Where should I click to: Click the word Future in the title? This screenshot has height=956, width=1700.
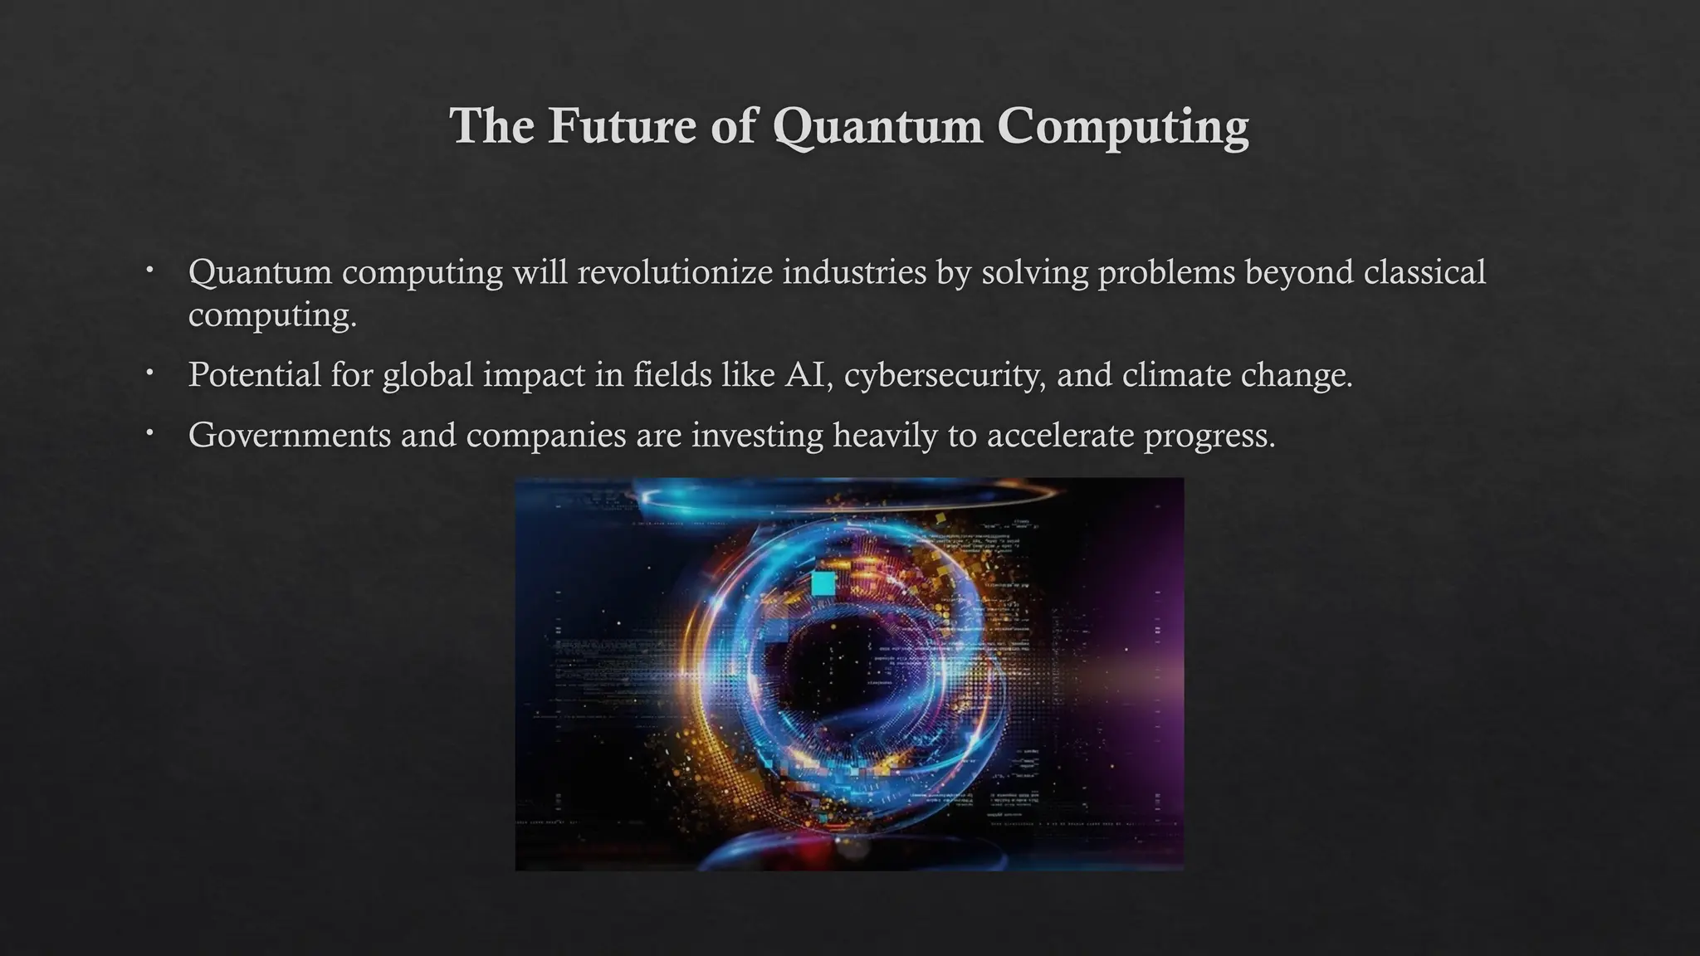tap(622, 126)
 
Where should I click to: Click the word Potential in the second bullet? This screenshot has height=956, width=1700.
tap(254, 374)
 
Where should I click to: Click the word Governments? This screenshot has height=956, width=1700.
tap(289, 435)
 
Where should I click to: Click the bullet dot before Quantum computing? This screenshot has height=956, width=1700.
tap(149, 270)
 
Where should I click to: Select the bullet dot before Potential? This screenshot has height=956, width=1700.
tap(149, 373)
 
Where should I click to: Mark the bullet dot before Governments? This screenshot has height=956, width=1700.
tap(149, 433)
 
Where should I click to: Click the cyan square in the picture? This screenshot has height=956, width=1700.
tap(823, 583)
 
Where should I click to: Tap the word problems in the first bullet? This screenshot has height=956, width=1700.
tap(1166, 273)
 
